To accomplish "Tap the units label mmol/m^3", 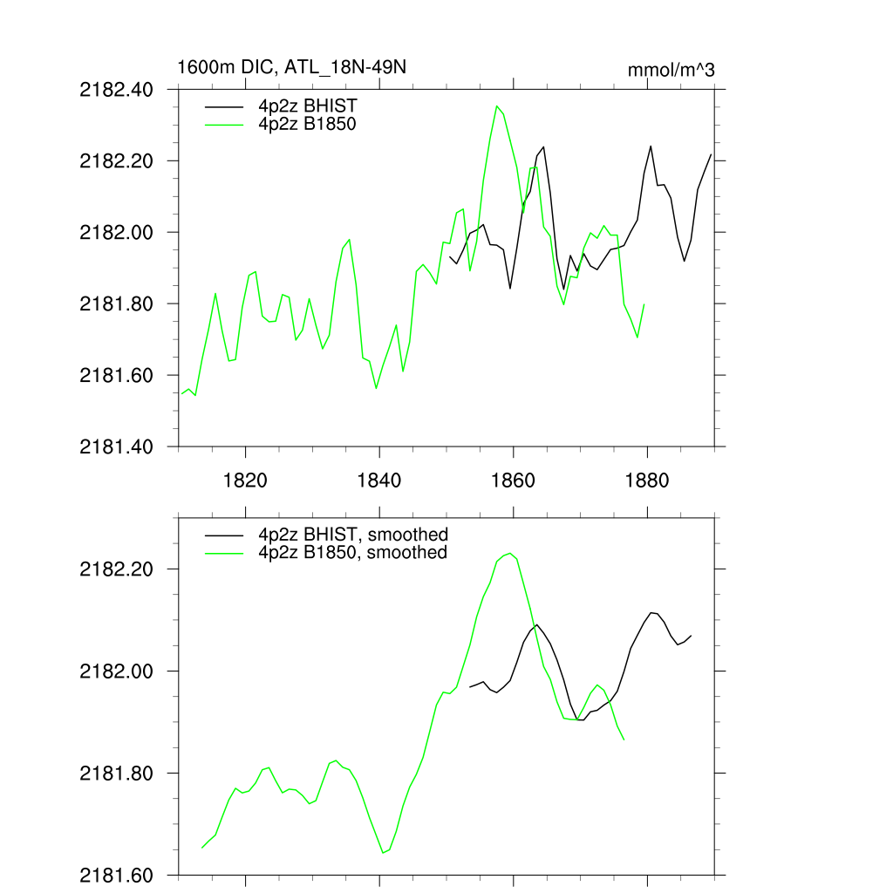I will (671, 71).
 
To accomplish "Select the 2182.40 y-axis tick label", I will (116, 90).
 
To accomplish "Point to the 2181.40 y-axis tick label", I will (116, 447).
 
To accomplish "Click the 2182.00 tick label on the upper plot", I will (116, 233).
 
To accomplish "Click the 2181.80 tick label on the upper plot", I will (116, 304).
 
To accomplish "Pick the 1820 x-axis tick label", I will (245, 481).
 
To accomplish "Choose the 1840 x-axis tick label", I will (379, 481).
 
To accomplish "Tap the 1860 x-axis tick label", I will (514, 481).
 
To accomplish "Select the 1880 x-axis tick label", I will (647, 481).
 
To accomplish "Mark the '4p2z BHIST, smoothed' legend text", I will (352, 535).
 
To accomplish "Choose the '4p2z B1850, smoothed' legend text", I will (352, 553).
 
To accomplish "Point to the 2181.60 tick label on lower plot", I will (116, 876).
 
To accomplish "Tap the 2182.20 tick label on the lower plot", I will (116, 569).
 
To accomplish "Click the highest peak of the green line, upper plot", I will (497, 106).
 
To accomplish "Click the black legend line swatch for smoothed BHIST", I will (224, 535).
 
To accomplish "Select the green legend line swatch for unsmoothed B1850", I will (224, 124).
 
